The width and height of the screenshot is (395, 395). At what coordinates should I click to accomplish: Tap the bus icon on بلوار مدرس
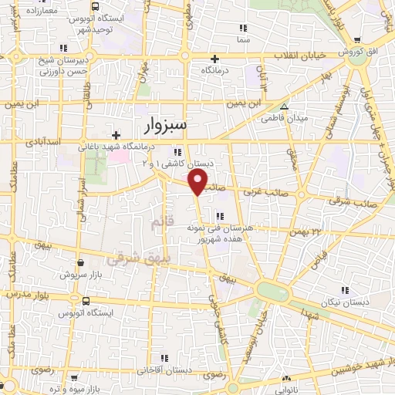pyautogui.click(x=85, y=301)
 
